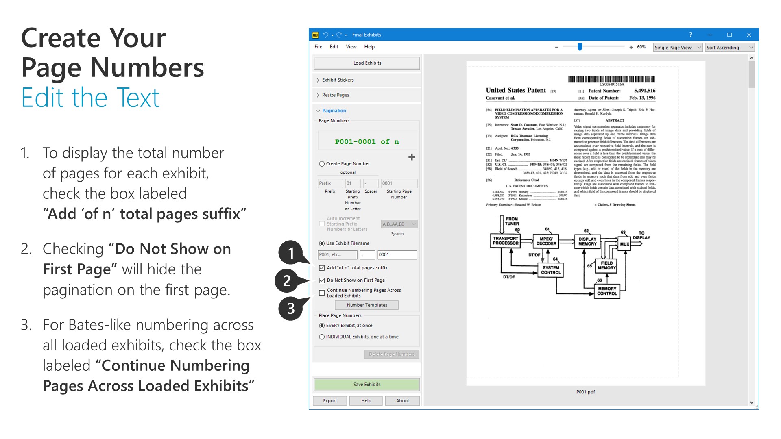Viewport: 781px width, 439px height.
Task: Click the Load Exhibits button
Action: point(367,63)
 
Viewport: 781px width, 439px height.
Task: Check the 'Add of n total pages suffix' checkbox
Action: point(322,268)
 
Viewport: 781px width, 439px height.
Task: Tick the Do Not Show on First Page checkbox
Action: point(322,280)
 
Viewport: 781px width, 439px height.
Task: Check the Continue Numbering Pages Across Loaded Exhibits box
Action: point(322,293)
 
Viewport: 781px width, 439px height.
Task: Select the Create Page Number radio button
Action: point(322,164)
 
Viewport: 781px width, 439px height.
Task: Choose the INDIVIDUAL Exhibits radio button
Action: point(322,337)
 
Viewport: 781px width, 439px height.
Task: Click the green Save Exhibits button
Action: point(367,385)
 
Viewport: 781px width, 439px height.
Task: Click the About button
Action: point(402,401)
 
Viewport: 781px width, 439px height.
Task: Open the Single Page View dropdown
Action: point(677,48)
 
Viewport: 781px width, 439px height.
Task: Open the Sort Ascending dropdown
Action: point(730,48)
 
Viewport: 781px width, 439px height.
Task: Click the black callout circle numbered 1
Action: point(290,253)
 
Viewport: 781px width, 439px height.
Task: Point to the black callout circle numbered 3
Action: point(290,309)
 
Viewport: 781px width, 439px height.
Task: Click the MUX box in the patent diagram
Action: point(624,244)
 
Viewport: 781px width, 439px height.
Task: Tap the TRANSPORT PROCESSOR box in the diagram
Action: point(506,241)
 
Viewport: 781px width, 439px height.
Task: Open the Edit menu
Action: point(334,47)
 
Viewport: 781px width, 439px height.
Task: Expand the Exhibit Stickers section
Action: point(338,80)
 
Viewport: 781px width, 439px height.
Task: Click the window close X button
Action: point(749,35)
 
